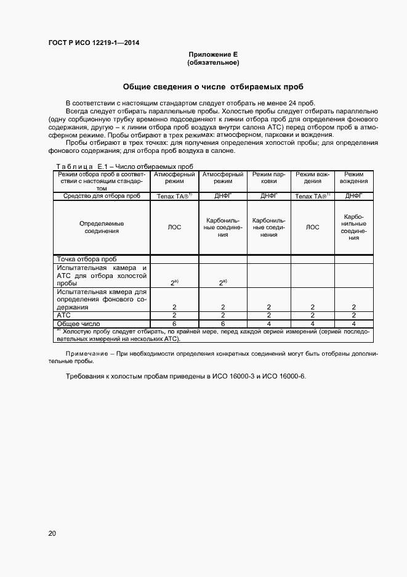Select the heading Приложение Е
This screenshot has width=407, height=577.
tap(212, 55)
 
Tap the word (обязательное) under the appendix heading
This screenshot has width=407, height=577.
tap(212, 63)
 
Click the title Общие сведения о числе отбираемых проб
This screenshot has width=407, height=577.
tap(212, 87)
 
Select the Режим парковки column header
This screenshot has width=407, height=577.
tap(268, 178)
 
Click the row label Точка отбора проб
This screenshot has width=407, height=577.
tap(87, 260)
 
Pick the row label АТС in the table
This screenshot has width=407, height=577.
tap(64, 315)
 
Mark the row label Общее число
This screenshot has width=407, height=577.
tap(78, 323)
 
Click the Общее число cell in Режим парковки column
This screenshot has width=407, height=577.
tap(268, 323)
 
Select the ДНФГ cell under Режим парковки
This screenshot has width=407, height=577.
tap(268, 196)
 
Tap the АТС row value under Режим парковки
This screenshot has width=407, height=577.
tap(268, 315)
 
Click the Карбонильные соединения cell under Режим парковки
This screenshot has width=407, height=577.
tap(268, 227)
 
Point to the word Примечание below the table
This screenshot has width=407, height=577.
tap(86, 354)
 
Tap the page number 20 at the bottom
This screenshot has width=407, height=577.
tap(52, 533)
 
